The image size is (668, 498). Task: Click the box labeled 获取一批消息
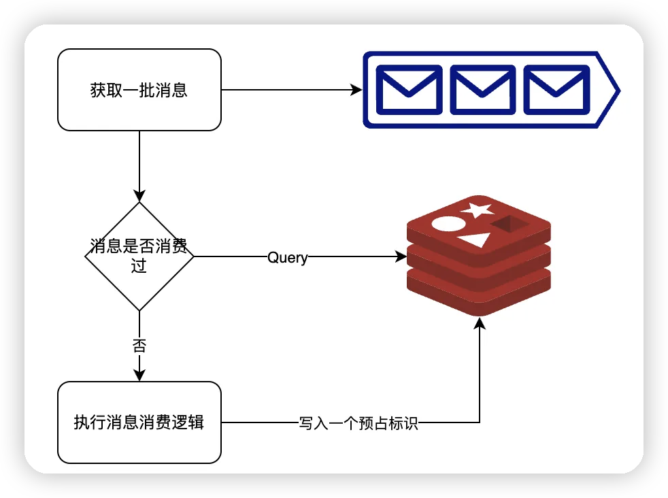coord(139,90)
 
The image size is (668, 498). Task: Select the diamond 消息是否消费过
coord(139,256)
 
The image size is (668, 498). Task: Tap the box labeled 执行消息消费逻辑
coord(139,422)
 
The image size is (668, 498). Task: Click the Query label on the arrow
coord(288,258)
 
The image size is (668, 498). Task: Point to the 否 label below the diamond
coord(139,346)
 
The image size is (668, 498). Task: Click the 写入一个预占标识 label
coord(358,423)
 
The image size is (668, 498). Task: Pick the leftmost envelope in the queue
coord(409,90)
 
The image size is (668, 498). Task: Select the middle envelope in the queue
coord(483,90)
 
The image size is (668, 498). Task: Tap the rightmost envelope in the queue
coord(556,90)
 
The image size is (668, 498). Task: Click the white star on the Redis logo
coord(477,210)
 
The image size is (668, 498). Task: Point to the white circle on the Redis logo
coord(448,224)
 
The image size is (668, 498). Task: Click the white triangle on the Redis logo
coord(475,240)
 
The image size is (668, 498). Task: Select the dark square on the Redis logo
coord(510,224)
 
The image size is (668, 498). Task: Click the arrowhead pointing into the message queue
coord(356,90)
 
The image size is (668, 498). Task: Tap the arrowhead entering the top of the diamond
coord(139,196)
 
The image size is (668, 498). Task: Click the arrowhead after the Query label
coord(401,256)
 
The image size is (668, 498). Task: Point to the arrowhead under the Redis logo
coord(480,323)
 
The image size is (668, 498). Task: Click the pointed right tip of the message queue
coord(620,90)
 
